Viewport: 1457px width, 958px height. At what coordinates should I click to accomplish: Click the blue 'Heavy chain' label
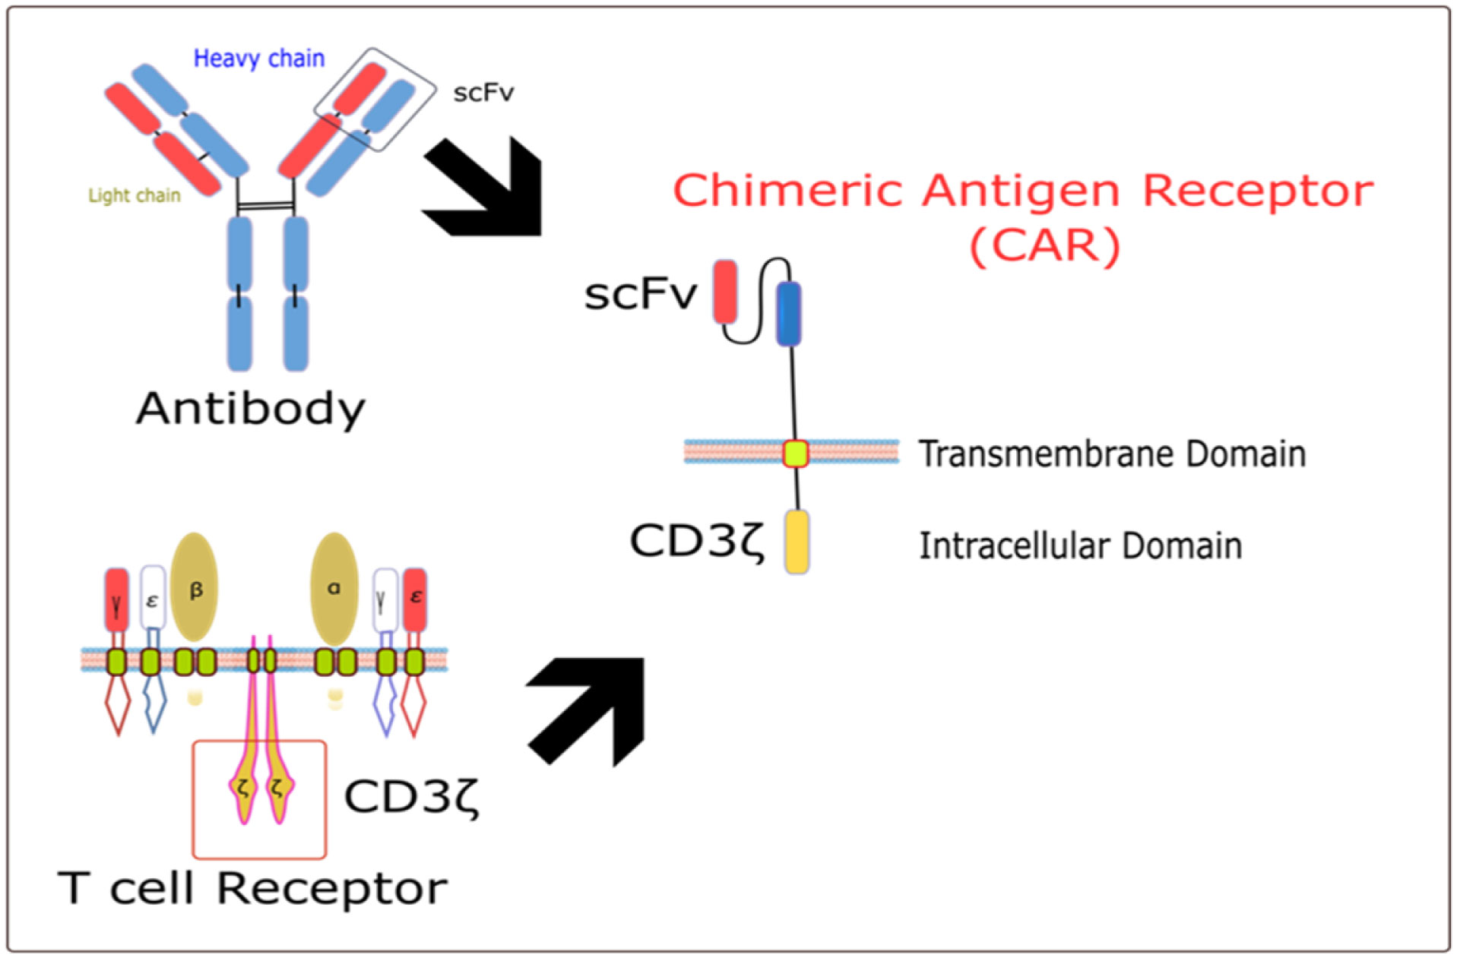(x=258, y=58)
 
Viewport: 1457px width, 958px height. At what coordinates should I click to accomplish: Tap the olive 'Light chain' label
(x=135, y=195)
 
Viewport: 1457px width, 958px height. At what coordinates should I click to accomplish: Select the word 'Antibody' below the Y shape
(x=251, y=409)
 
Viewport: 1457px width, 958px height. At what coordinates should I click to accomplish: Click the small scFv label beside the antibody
(x=483, y=93)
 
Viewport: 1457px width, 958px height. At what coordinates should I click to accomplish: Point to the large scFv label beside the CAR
(x=640, y=294)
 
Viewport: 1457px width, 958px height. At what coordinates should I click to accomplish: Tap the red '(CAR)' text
(x=1045, y=245)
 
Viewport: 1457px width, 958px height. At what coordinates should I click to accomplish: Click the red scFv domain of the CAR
(x=725, y=292)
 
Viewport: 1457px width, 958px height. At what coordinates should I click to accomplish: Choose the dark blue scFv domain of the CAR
(x=788, y=312)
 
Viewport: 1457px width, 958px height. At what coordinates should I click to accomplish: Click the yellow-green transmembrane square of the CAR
(x=796, y=454)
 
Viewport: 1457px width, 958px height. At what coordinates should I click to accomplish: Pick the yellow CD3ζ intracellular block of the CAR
(x=797, y=542)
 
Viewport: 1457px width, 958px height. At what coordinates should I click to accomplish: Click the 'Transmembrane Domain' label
(x=1112, y=454)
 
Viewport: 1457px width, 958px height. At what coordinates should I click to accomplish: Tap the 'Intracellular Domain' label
(x=1080, y=545)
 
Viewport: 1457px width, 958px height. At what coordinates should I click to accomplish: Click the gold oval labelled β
(x=194, y=587)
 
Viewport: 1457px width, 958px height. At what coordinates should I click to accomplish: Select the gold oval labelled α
(x=334, y=587)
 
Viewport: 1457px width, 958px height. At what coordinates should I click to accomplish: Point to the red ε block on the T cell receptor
(x=415, y=599)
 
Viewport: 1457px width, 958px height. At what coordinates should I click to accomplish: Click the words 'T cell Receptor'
(x=252, y=888)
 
